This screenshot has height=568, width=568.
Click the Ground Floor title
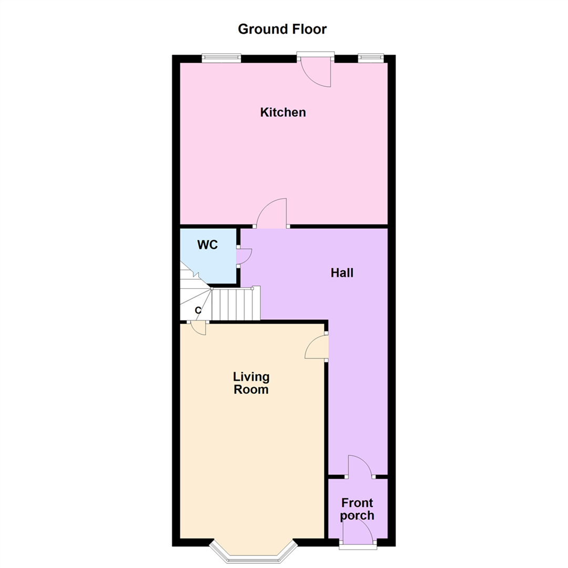[x=282, y=29]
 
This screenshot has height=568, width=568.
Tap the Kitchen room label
[x=283, y=112]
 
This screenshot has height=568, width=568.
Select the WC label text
[x=207, y=245]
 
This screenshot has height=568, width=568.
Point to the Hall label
[x=342, y=273]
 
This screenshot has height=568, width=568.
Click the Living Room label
[x=251, y=383]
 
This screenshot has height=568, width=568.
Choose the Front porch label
[x=357, y=509]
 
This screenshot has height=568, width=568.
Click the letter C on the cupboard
[x=198, y=311]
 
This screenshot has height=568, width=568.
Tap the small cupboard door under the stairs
[x=198, y=328]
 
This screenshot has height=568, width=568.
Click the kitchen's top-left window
[x=221, y=58]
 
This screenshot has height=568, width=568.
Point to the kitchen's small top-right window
[x=371, y=58]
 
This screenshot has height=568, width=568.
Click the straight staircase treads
[x=236, y=304]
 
